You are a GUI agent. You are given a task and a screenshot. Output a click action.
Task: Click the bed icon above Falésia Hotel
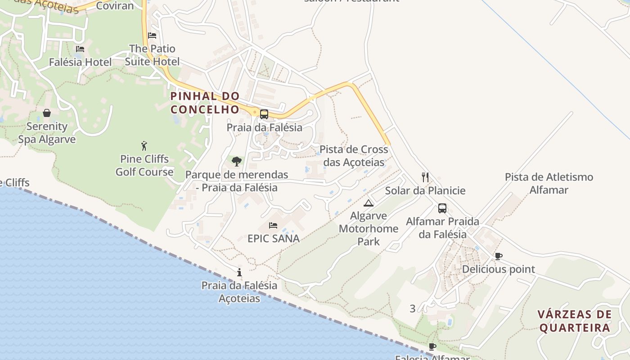(x=80, y=49)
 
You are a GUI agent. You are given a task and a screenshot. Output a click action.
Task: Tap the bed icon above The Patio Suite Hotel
(x=152, y=36)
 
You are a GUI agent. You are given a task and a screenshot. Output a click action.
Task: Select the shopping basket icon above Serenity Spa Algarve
(x=47, y=113)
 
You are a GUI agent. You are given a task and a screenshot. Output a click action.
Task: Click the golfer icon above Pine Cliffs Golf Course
(x=144, y=146)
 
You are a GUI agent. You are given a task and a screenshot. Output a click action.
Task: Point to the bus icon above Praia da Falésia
(x=264, y=114)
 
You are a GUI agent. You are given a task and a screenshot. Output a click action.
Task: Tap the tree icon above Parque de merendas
(x=237, y=161)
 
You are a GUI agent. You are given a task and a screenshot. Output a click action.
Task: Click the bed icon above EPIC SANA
(x=273, y=225)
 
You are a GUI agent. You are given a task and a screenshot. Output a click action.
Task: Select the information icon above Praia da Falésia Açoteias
(x=239, y=272)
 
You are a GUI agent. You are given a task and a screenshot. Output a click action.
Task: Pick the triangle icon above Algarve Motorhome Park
(x=369, y=203)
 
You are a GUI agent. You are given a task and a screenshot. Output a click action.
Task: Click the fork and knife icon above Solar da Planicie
(x=425, y=177)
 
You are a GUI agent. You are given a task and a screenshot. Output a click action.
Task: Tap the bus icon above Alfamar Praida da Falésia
(x=442, y=208)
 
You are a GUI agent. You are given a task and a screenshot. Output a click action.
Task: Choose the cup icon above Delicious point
(x=499, y=256)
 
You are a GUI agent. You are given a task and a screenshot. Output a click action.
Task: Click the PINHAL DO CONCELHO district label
(x=205, y=103)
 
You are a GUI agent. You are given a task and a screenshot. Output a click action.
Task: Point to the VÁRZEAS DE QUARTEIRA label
(x=575, y=321)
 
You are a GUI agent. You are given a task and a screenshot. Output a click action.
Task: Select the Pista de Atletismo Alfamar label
(x=549, y=183)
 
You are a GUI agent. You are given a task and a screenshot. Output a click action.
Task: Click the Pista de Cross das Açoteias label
(x=354, y=156)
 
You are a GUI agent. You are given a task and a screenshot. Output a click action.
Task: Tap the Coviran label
(x=115, y=6)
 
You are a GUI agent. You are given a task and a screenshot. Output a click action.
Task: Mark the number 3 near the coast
(x=413, y=309)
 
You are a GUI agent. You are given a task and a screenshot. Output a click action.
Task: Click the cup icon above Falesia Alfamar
(x=432, y=346)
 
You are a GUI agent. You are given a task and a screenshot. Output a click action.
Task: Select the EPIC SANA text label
(x=274, y=238)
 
